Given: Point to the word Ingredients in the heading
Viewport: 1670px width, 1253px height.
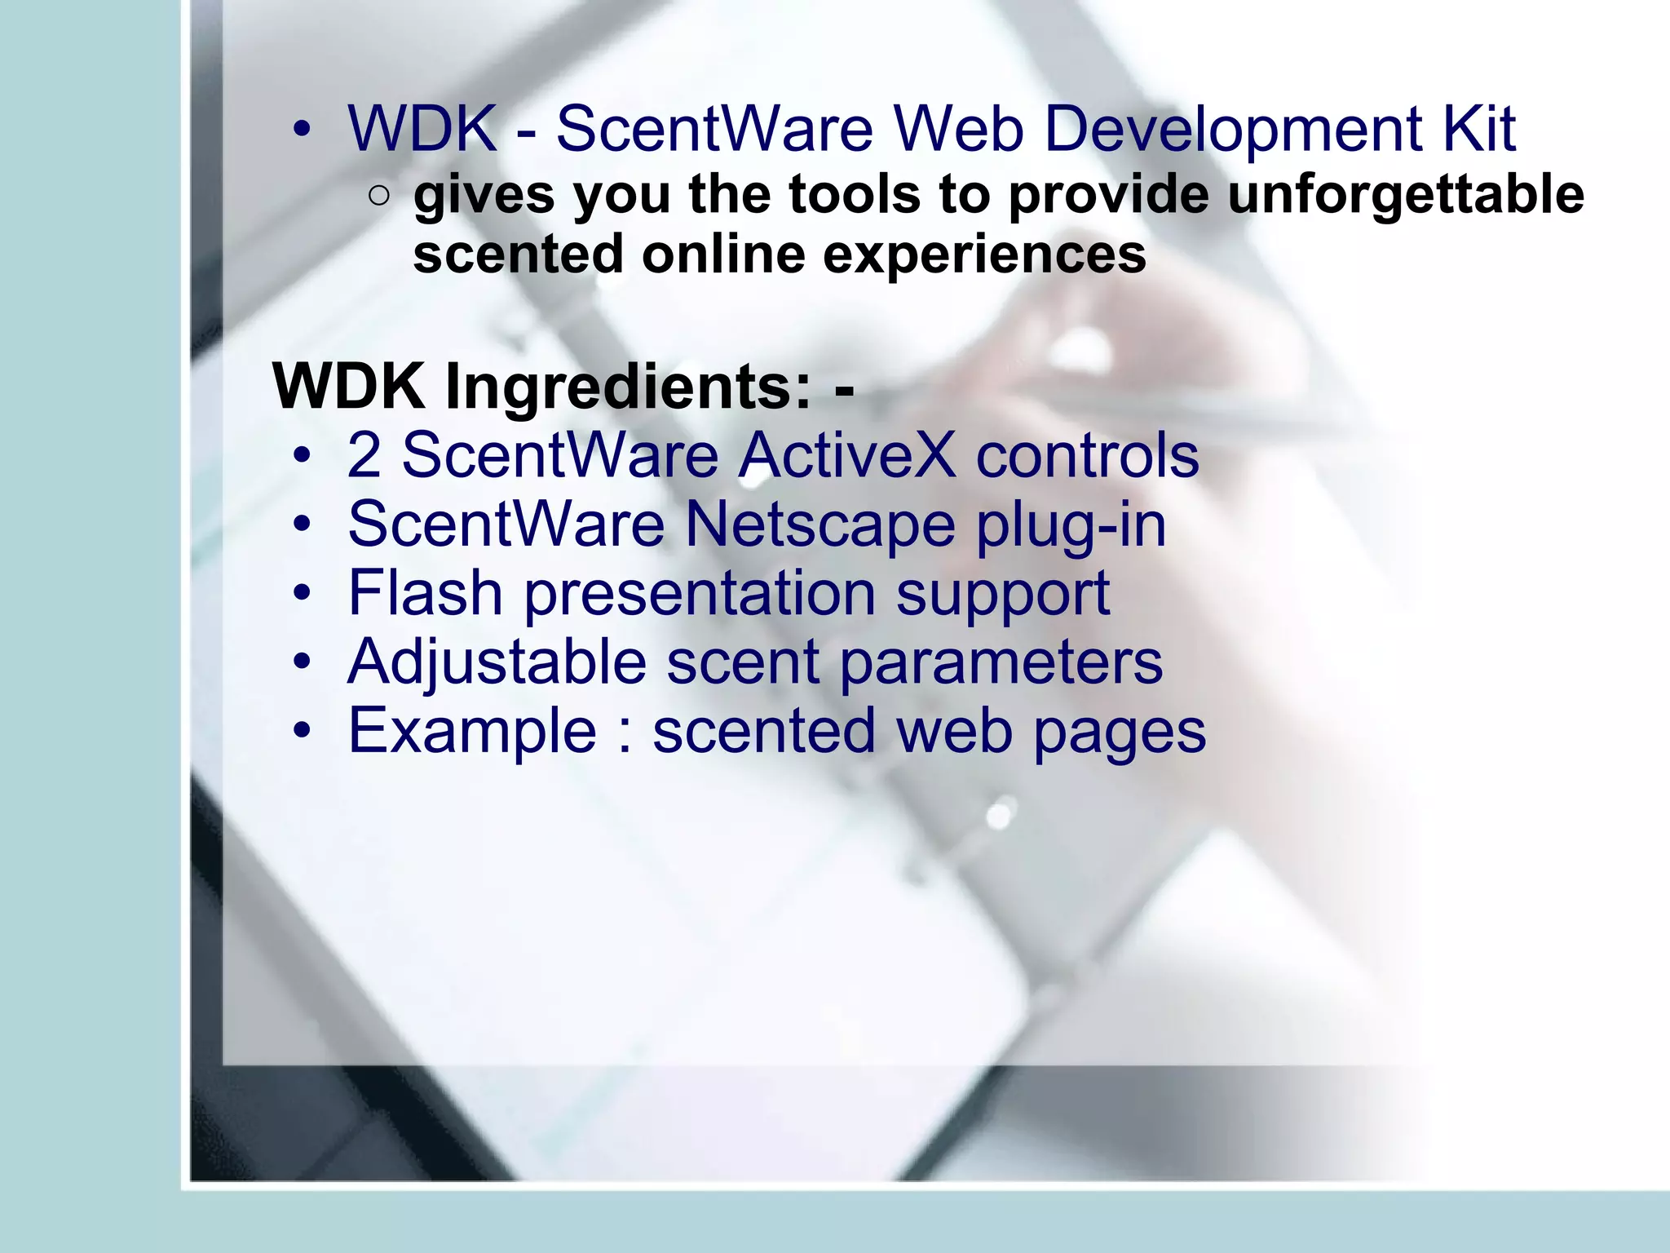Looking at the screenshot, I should click(x=629, y=387).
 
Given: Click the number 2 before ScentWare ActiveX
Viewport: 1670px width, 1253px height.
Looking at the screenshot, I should click(x=364, y=455).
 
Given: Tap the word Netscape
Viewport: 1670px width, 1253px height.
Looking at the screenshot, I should click(x=820, y=524).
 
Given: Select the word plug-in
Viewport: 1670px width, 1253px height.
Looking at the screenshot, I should click(x=1071, y=524).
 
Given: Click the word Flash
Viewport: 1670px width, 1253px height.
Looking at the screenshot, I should click(x=425, y=592).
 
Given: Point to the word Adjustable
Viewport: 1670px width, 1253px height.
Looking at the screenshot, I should click(x=497, y=662).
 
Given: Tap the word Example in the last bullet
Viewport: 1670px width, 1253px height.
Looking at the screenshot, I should click(x=472, y=731).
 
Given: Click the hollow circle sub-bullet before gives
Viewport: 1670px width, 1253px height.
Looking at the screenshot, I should click(x=378, y=195).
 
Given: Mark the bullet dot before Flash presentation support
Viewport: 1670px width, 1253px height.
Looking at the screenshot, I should click(x=303, y=592).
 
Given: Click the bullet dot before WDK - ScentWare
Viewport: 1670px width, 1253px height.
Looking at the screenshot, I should click(x=303, y=129).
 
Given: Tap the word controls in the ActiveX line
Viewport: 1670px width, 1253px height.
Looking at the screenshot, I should click(x=1087, y=455).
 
